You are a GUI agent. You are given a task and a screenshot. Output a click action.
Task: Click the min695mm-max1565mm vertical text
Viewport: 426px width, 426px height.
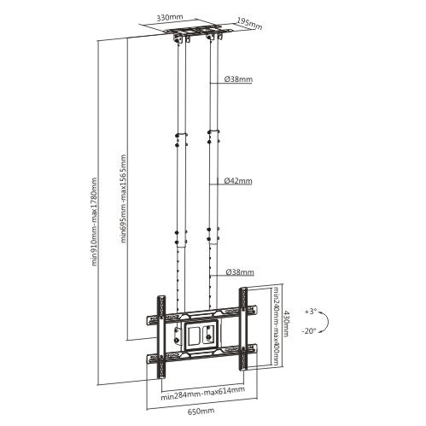(125, 199)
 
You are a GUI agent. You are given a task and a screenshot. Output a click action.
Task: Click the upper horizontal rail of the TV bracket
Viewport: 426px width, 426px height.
(201, 316)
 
